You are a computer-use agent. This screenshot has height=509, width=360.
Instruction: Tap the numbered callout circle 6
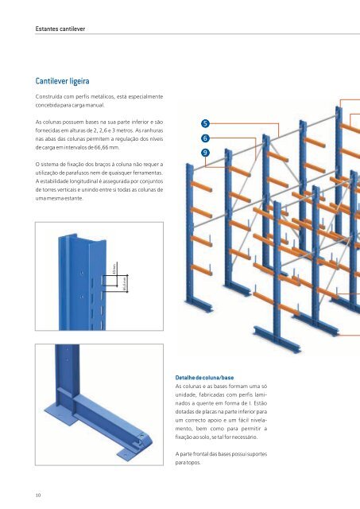pos(205,138)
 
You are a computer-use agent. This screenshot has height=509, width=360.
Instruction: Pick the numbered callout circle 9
pos(205,152)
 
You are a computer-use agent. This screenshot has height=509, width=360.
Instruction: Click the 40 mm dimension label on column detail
pos(114,271)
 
